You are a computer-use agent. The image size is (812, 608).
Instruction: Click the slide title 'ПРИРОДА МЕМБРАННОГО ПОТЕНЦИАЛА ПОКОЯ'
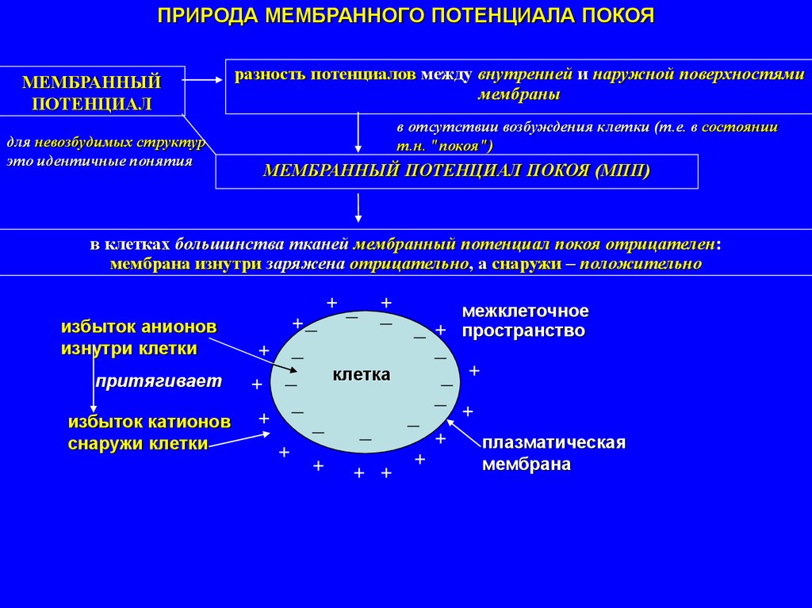[x=405, y=17]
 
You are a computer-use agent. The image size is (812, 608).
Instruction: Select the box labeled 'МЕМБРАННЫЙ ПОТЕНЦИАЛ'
[x=92, y=92]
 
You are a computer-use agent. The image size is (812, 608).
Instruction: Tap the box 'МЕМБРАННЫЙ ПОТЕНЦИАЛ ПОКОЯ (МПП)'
[x=457, y=171]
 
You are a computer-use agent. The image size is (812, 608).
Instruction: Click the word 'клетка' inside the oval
[x=362, y=374]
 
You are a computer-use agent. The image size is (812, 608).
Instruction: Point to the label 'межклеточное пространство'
[x=525, y=320]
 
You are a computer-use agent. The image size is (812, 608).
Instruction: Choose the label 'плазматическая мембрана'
[x=554, y=453]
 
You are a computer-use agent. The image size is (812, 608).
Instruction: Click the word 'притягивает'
[x=159, y=381]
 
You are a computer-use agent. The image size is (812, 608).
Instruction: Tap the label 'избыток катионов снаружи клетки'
[x=149, y=432]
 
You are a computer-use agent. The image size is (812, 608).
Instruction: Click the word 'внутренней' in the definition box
[x=524, y=75]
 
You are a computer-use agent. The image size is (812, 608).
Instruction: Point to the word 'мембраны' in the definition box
[x=519, y=94]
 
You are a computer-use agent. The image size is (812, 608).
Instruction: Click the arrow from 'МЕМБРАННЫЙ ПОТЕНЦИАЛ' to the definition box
[x=205, y=79]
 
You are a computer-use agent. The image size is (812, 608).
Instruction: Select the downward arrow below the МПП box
[x=359, y=208]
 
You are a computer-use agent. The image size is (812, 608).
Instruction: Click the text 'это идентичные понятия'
[x=100, y=161]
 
